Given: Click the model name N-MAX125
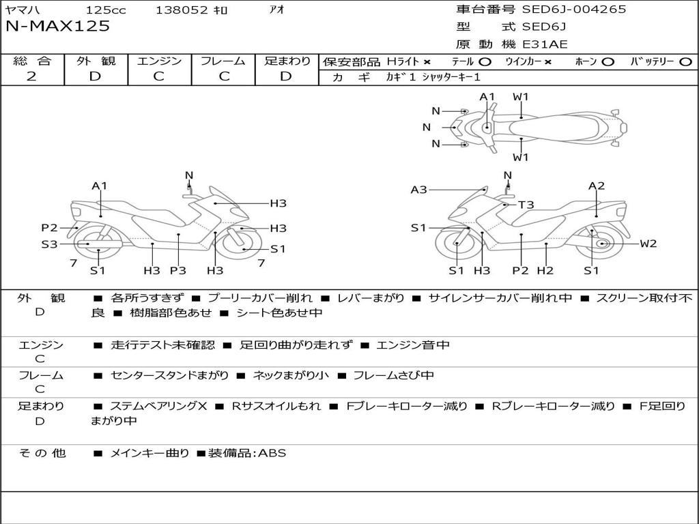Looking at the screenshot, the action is pos(57,27).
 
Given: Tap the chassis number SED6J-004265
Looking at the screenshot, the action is pos(573,9).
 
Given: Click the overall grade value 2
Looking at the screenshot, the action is pos(31,76).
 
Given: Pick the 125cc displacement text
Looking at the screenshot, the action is pos(106,10).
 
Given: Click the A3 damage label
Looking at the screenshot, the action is pos(418,190).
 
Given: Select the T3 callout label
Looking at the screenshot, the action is pos(526,205).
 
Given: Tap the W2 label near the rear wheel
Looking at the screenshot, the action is pos(648,244).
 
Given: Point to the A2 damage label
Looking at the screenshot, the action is pos(597,186).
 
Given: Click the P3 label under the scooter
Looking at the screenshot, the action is pos(178,270).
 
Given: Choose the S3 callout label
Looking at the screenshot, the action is pos(49,244).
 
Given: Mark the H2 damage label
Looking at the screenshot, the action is pos(545,270).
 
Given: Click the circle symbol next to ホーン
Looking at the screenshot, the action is pos(608,62).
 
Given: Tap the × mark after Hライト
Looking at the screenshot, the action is pos(427,62).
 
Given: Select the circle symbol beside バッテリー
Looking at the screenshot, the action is pos(685,62).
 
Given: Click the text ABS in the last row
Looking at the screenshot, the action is pos(272,453).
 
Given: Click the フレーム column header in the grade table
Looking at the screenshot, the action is pos(223,61).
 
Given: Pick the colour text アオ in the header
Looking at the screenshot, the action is pos(277,10).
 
